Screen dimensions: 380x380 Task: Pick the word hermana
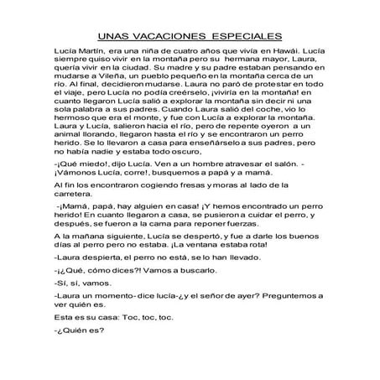[x=240, y=63]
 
